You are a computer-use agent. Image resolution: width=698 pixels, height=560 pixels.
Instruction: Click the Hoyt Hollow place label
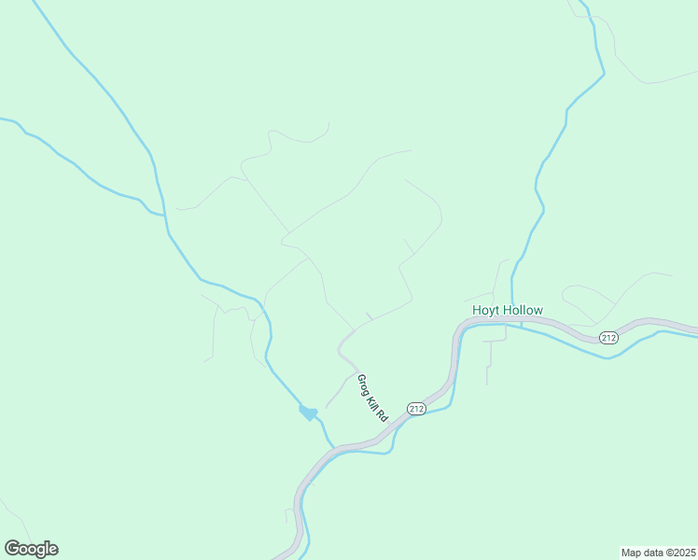507,310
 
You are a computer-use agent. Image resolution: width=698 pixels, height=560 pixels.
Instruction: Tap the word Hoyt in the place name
486,310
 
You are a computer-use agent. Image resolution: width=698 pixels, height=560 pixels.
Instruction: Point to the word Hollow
522,310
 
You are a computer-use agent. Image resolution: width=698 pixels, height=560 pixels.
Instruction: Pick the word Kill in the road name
373,402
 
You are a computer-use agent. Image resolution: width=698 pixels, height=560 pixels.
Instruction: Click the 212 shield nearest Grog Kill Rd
416,409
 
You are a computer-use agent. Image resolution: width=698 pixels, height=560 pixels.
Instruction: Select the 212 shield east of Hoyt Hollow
608,337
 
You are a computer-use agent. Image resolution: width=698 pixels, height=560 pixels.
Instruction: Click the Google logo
31,549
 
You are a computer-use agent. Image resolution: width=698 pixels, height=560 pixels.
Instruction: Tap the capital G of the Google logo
12,548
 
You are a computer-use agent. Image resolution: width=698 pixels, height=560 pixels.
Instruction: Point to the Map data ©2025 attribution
658,552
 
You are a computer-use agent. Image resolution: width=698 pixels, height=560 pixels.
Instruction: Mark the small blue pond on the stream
307,412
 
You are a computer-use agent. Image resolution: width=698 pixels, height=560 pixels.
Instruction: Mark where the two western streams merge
165,216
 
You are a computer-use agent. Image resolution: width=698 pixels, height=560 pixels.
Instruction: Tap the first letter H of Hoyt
477,310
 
